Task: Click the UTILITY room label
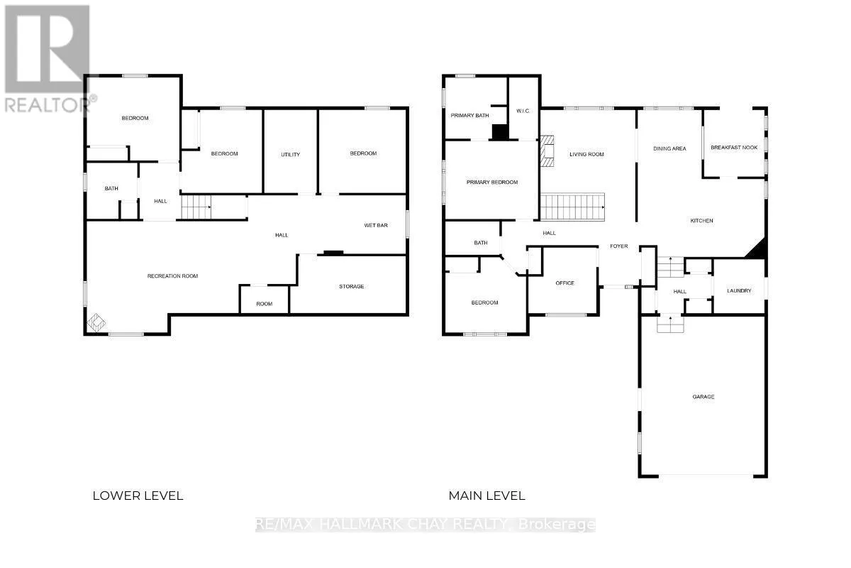pyautogui.click(x=290, y=155)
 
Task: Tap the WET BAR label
pyautogui.click(x=376, y=225)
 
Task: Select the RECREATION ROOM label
pyautogui.click(x=172, y=275)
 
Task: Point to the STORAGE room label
pyautogui.click(x=352, y=286)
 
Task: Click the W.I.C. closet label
pyautogui.click(x=523, y=111)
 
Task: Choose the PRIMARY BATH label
pyautogui.click(x=469, y=115)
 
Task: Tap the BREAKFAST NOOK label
pyautogui.click(x=734, y=147)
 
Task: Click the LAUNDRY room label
pyautogui.click(x=739, y=290)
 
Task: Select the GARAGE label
pyautogui.click(x=703, y=396)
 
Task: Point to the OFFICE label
pyautogui.click(x=564, y=283)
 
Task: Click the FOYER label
pyautogui.click(x=619, y=246)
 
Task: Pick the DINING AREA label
pyautogui.click(x=669, y=148)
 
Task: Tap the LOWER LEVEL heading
pyautogui.click(x=138, y=496)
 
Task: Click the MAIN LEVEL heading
pyautogui.click(x=486, y=496)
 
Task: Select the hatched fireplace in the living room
pyautogui.click(x=547, y=151)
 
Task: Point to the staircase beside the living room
pyautogui.click(x=572, y=207)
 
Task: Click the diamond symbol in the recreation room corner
pyautogui.click(x=96, y=322)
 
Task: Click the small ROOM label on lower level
pyautogui.click(x=264, y=304)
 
